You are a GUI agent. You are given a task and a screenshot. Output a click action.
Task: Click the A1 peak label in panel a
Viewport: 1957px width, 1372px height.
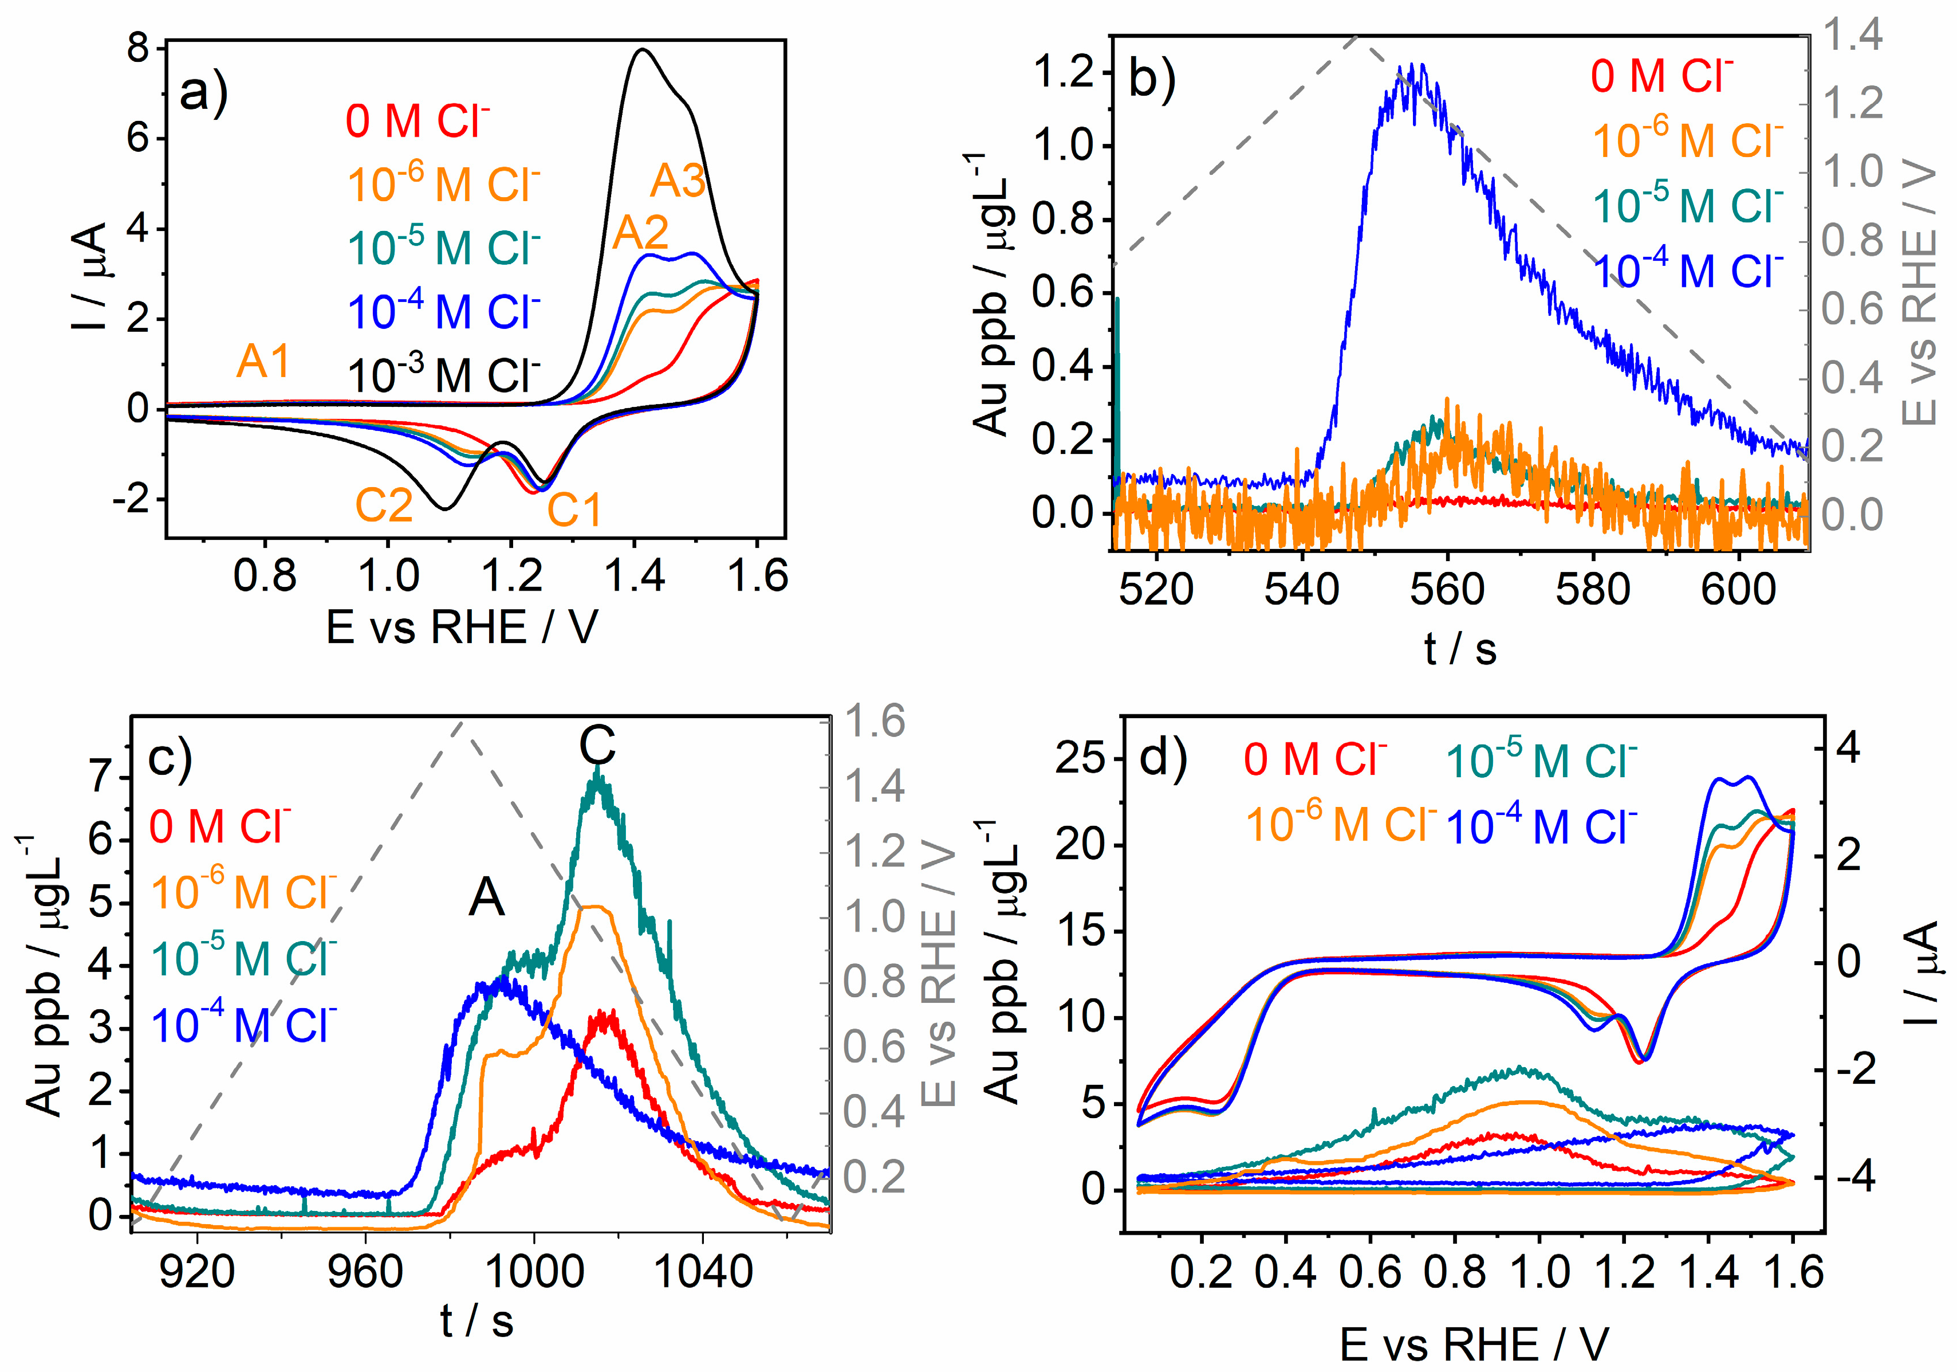pyautogui.click(x=263, y=362)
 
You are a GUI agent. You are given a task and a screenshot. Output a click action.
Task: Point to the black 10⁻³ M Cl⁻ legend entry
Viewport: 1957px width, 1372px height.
pyautogui.click(x=444, y=375)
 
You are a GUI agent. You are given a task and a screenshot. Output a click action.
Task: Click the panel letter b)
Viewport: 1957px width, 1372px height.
pyautogui.click(x=1152, y=79)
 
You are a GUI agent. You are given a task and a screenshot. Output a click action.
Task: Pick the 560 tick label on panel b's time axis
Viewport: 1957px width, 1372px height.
pyautogui.click(x=1447, y=589)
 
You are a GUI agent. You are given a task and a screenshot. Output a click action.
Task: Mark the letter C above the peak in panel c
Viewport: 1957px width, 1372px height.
pyautogui.click(x=597, y=746)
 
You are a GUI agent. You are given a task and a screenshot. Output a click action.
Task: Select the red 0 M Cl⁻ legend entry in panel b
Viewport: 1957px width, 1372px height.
pyautogui.click(x=1661, y=75)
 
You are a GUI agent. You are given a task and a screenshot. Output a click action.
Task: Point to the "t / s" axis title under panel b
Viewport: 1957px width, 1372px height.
pyautogui.click(x=1460, y=649)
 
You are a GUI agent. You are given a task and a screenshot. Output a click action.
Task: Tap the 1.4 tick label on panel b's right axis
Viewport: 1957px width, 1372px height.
pyautogui.click(x=1851, y=36)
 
